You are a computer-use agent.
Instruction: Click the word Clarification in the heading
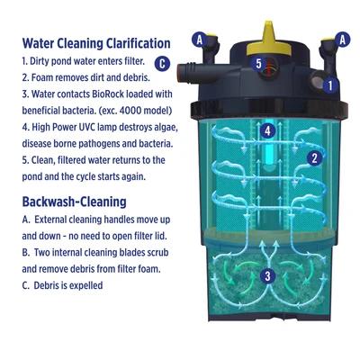126,43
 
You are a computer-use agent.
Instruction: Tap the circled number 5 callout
258,63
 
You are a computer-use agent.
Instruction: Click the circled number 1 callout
330,85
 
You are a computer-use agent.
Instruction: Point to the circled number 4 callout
266,130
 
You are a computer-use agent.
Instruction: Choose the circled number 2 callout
313,158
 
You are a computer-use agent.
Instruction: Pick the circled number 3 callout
266,276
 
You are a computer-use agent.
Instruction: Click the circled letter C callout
161,63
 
